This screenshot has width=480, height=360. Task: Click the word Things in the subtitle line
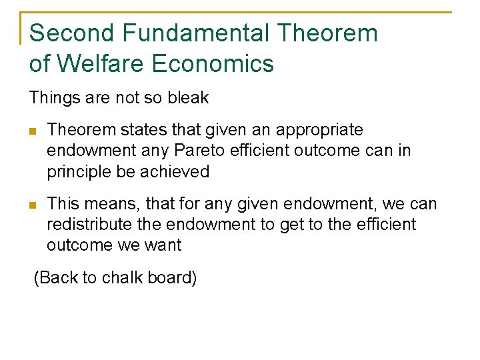coord(51,98)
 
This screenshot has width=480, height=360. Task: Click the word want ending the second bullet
coord(164,245)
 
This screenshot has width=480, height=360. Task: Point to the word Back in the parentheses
coord(58,277)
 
